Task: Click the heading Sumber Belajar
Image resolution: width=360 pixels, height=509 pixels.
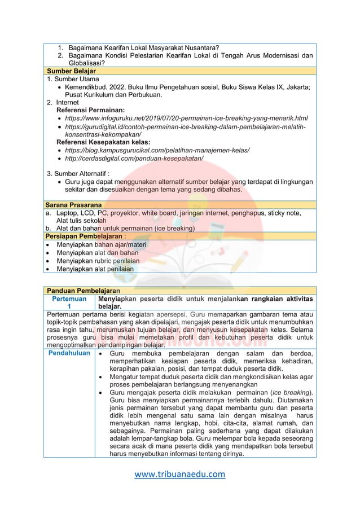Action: [x=71, y=72]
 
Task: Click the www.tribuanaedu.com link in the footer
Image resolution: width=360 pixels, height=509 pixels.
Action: [x=179, y=474]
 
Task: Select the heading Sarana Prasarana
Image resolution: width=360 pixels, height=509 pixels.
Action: [x=73, y=204]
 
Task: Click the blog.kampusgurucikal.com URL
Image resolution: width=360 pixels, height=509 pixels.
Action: [x=157, y=151]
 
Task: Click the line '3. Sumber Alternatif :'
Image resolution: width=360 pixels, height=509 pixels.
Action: [x=78, y=173]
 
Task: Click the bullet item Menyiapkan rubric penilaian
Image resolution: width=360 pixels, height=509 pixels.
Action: [x=98, y=261]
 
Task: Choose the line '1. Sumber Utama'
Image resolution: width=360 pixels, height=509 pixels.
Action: [x=73, y=80]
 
